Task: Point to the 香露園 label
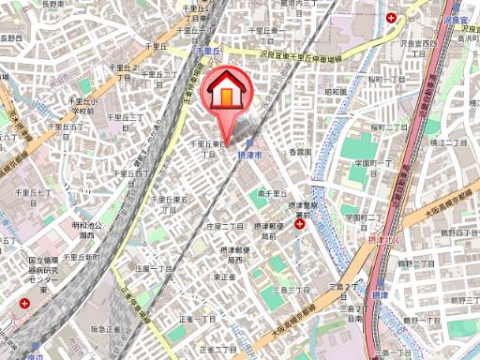(x=298, y=151)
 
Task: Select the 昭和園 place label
(x=336, y=92)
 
